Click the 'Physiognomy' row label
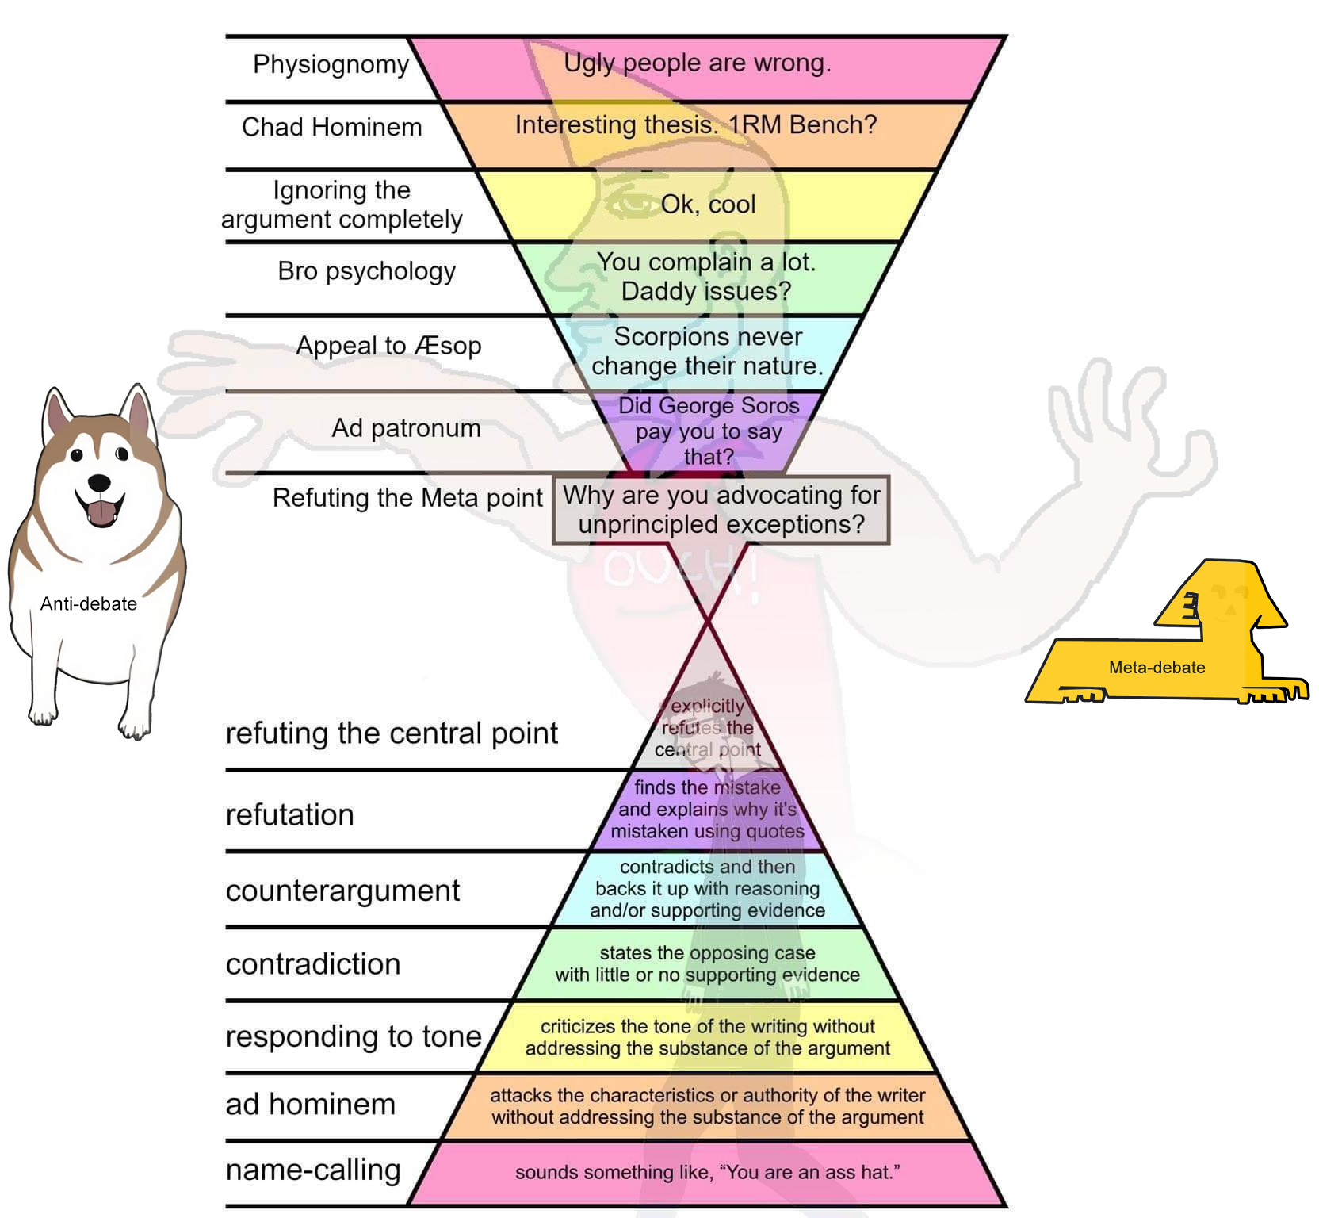[x=331, y=64]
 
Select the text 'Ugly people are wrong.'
[x=697, y=63]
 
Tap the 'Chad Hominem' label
[x=331, y=127]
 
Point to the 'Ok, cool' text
[x=708, y=205]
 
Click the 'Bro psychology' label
[x=366, y=271]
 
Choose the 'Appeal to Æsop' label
[x=388, y=346]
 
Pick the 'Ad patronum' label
[x=406, y=428]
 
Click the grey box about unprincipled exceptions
[x=721, y=510]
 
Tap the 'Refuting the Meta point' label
[x=407, y=498]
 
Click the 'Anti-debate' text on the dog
[x=89, y=604]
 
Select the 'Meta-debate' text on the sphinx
[x=1157, y=668]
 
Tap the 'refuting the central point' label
[x=392, y=733]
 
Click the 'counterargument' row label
[x=342, y=891]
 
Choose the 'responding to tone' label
[x=354, y=1036]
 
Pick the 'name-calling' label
[x=313, y=1170]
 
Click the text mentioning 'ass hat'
[x=707, y=1172]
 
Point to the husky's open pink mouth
[x=101, y=511]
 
